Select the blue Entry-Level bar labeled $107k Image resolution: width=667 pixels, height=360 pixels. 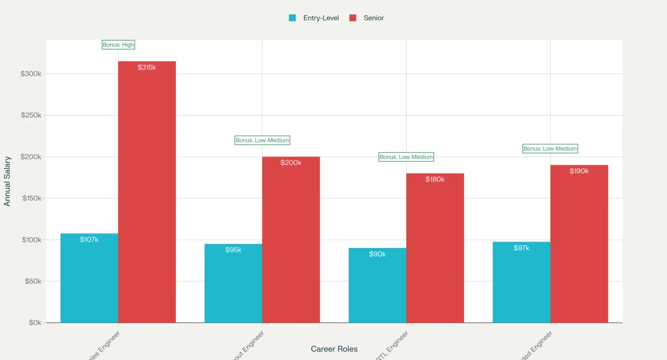pyautogui.click(x=89, y=278)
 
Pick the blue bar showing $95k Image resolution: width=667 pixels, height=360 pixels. pyautogui.click(x=233, y=283)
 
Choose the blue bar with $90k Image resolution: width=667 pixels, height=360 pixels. pyautogui.click(x=377, y=285)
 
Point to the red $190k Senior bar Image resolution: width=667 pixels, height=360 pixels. pyautogui.click(x=579, y=244)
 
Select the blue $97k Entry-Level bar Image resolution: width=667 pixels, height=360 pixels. pyautogui.click(x=521, y=282)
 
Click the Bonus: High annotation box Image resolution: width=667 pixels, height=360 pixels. pyautogui.click(x=118, y=45)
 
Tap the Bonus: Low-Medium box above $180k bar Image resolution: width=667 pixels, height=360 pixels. pyautogui.click(x=406, y=157)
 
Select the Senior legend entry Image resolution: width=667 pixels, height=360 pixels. pyautogui.click(x=367, y=18)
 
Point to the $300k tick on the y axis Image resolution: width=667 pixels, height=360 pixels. pyautogui.click(x=31, y=74)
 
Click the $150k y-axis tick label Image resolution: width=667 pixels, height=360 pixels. pyautogui.click(x=31, y=198)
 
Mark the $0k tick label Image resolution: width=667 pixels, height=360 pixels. pyautogui.click(x=34, y=322)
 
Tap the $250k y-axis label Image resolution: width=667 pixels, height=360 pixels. pyautogui.click(x=31, y=115)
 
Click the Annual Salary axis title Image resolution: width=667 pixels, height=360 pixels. pyautogui.click(x=7, y=182)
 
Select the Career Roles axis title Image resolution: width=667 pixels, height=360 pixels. pyautogui.click(x=334, y=349)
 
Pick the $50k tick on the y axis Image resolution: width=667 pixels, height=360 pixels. pyautogui.click(x=32, y=281)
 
